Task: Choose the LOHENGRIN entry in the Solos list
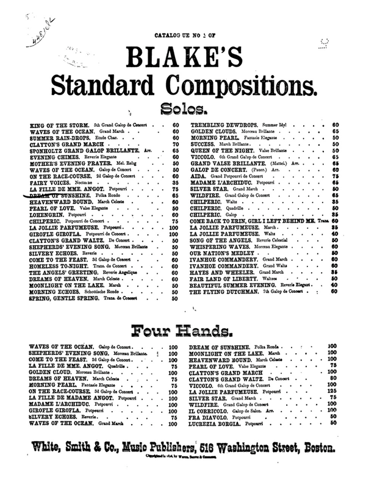click(43, 215)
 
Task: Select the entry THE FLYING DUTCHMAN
click(225, 292)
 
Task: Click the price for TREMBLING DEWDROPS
click(336, 124)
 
